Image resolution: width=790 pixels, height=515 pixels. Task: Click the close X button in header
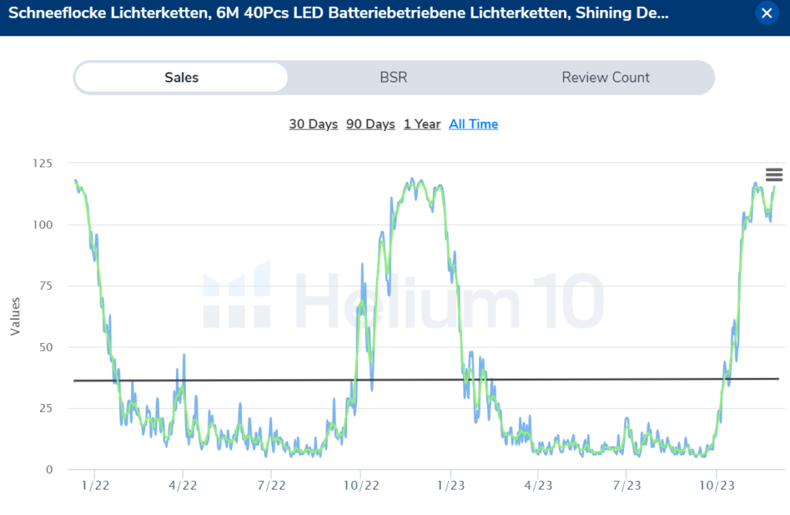pyautogui.click(x=766, y=13)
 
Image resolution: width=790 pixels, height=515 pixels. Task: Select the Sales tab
pyautogui.click(x=181, y=77)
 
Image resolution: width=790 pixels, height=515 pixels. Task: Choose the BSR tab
pyautogui.click(x=393, y=77)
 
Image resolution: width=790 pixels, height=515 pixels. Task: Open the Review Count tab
pyautogui.click(x=606, y=77)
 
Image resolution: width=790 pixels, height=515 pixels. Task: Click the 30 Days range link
pyautogui.click(x=313, y=124)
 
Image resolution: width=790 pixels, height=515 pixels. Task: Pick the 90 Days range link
pyautogui.click(x=370, y=124)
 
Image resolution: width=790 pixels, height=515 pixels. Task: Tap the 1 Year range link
pyautogui.click(x=422, y=124)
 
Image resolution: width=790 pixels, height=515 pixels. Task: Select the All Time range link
pyautogui.click(x=474, y=124)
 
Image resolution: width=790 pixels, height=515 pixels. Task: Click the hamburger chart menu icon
pyautogui.click(x=774, y=175)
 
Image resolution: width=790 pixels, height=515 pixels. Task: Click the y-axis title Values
pyautogui.click(x=15, y=316)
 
